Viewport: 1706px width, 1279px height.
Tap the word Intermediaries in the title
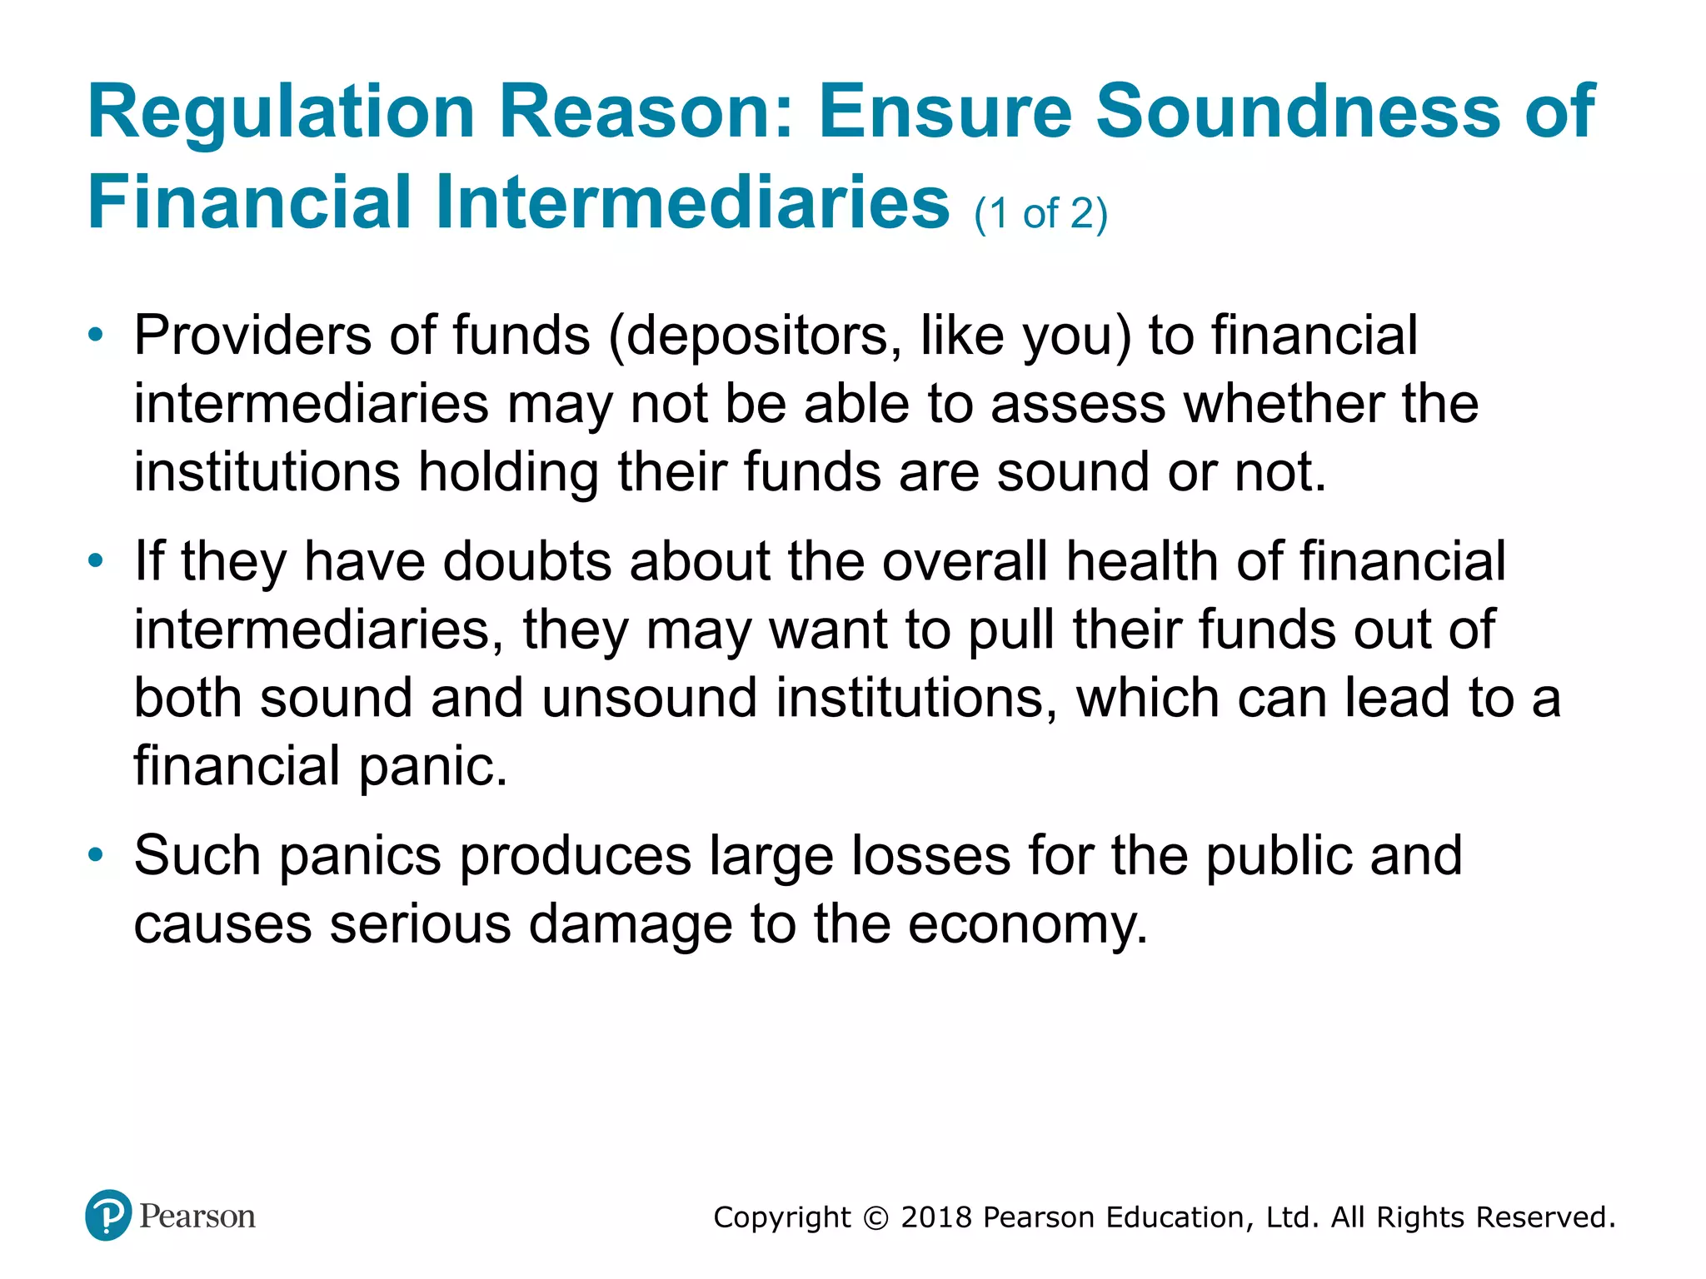(692, 202)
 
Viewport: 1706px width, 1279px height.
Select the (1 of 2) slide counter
(1040, 214)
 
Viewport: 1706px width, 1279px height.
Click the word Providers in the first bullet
(253, 336)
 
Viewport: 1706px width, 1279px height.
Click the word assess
(1078, 405)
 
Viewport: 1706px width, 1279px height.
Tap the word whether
(1284, 405)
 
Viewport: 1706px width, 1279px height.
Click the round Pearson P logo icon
(108, 1216)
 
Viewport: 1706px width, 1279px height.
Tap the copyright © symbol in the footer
(875, 1218)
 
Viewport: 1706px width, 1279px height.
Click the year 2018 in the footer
(936, 1217)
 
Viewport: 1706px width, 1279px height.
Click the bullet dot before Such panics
(97, 855)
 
